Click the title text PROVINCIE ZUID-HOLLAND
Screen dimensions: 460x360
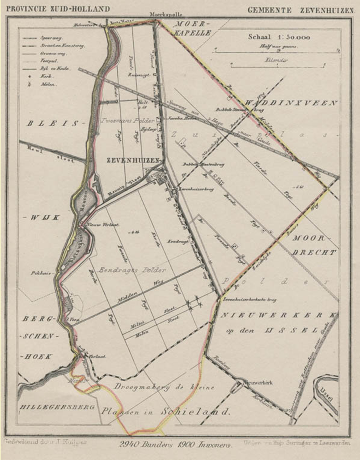click(57, 9)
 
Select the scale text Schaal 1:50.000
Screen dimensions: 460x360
click(279, 37)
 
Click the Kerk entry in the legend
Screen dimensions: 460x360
click(43, 76)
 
